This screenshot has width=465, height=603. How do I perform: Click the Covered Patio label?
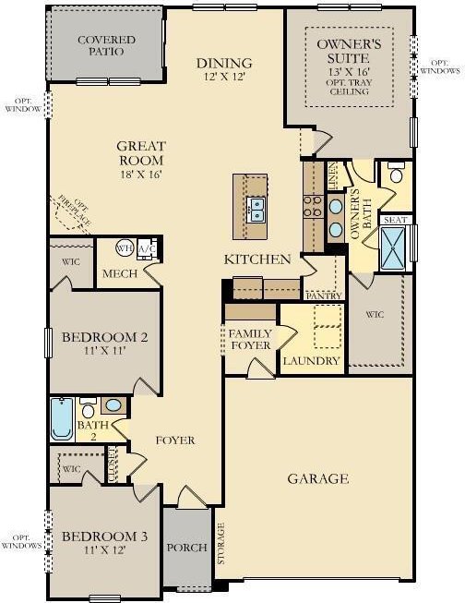click(x=106, y=46)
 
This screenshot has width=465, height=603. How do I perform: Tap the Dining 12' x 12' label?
click(x=224, y=69)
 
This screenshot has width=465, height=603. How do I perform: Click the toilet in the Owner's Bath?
click(x=396, y=173)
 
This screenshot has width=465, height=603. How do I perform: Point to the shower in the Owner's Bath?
click(x=392, y=248)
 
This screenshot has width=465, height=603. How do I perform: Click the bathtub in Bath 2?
click(x=62, y=419)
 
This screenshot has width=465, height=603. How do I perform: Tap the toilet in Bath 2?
click(x=88, y=408)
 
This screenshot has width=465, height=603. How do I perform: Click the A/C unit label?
click(x=148, y=249)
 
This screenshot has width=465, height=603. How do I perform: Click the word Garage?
click(x=318, y=478)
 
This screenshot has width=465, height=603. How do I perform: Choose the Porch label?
click(x=186, y=548)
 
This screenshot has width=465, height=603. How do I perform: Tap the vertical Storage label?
click(x=221, y=543)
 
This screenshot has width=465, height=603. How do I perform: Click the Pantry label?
click(x=324, y=295)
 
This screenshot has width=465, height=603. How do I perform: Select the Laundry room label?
click(x=311, y=361)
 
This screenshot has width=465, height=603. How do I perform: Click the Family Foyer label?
click(x=250, y=339)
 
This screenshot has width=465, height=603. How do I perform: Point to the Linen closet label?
click(x=333, y=175)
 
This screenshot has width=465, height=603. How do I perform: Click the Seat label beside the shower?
click(x=395, y=220)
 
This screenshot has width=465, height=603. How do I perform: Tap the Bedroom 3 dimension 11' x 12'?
click(x=105, y=550)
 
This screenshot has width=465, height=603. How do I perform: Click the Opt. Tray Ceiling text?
click(x=349, y=87)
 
